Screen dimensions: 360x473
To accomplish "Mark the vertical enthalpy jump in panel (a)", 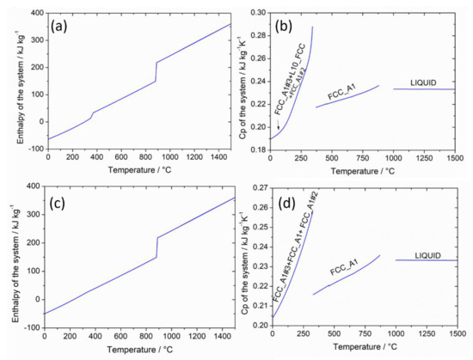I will [x=156, y=72].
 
